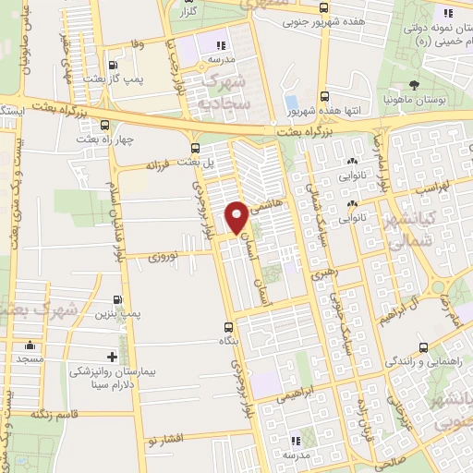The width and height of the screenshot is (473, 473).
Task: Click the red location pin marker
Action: (x=237, y=216)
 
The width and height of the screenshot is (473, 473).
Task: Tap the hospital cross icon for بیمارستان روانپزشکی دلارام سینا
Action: (x=112, y=356)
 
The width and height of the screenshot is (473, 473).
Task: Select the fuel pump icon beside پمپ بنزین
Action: (x=117, y=299)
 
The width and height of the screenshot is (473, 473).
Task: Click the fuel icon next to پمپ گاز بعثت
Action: (x=112, y=66)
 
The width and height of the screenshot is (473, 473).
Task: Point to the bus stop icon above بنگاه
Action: (x=230, y=326)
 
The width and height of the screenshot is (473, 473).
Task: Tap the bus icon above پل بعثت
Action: (x=194, y=148)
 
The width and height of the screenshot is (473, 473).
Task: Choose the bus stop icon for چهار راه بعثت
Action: (x=104, y=124)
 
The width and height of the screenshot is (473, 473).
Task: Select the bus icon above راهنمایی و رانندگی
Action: (x=423, y=347)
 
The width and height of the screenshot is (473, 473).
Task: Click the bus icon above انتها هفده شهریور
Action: (x=323, y=95)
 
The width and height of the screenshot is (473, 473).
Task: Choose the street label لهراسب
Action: (x=408, y=187)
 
